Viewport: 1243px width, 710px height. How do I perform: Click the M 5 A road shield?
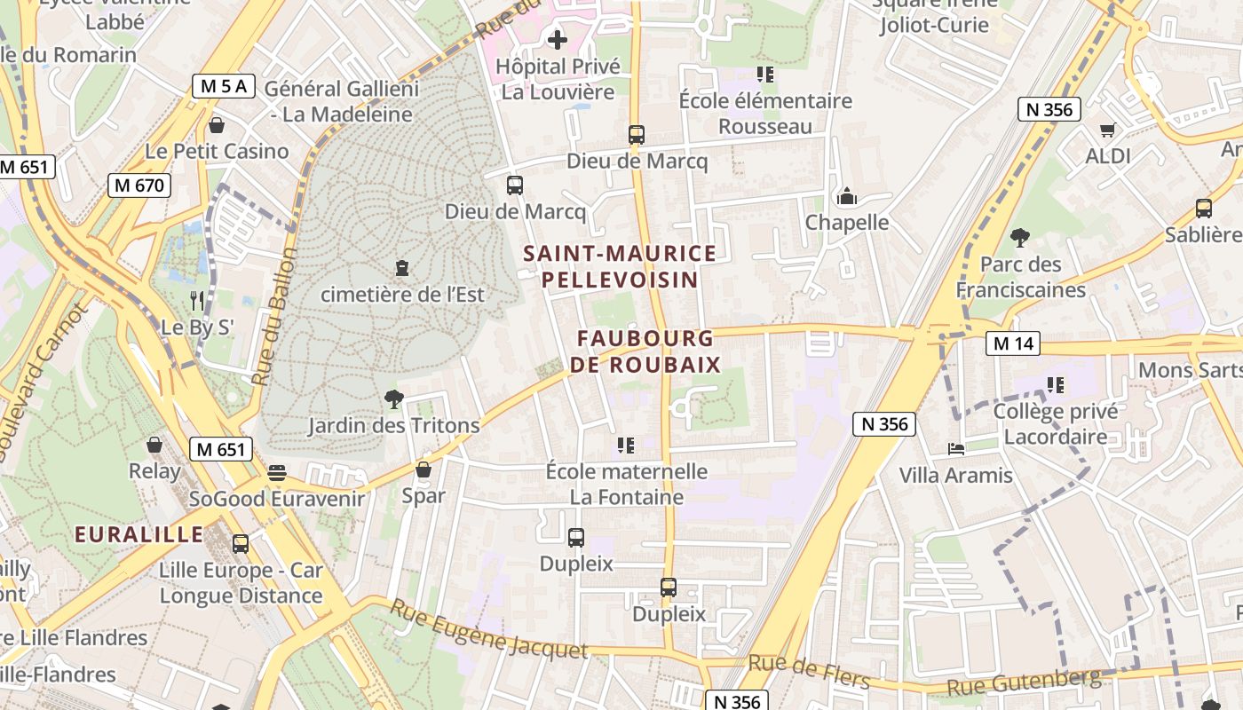pos(224,86)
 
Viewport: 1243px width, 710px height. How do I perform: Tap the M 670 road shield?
pos(139,185)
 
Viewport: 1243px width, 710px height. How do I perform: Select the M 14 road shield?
pos(1013,343)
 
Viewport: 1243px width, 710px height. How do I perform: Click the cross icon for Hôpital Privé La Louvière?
pos(558,40)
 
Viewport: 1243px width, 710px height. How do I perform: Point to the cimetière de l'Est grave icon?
pos(402,267)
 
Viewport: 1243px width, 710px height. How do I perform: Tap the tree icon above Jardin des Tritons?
pos(393,399)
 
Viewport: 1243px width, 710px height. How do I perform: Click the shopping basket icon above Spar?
pos(424,469)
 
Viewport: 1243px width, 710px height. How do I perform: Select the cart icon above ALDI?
pos(1107,130)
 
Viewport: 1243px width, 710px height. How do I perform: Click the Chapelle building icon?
pos(846,196)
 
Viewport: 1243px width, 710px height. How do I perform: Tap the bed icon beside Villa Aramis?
pos(955,449)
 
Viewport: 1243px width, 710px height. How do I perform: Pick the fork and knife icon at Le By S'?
pos(197,301)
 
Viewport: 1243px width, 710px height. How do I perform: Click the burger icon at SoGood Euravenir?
pos(277,472)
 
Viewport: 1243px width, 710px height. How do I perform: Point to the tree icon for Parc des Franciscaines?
pos(1020,238)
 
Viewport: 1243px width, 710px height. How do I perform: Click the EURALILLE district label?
pos(139,534)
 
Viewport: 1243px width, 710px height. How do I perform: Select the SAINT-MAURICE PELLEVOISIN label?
pos(620,266)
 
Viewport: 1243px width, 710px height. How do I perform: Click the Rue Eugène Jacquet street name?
pos(489,630)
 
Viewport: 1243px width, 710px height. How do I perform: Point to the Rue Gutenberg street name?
pos(1024,682)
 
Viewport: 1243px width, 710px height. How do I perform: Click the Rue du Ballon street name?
pos(273,316)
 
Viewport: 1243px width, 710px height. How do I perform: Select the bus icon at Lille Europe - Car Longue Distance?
pos(240,543)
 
